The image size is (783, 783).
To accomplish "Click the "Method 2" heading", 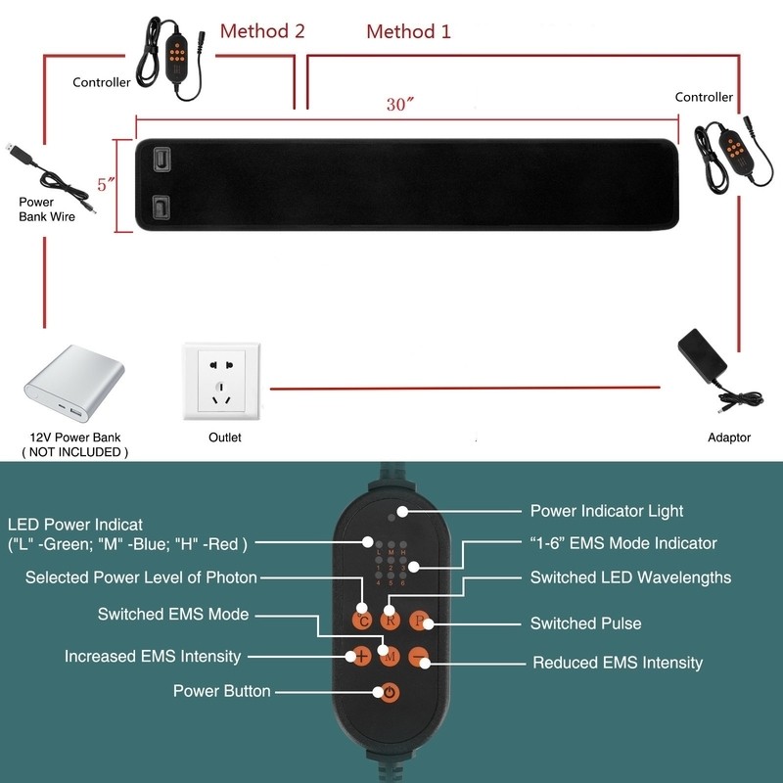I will click(x=261, y=30).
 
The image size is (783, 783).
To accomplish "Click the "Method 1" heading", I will click(x=408, y=31).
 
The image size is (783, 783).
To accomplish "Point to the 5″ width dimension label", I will click(x=107, y=183).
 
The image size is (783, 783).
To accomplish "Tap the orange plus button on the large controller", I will click(x=361, y=656).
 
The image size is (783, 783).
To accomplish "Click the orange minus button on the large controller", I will click(x=419, y=656).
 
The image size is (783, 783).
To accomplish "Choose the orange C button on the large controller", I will click(x=362, y=620).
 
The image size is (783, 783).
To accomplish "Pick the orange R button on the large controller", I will click(x=390, y=620).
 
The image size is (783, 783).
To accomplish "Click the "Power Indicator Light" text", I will click(x=606, y=511).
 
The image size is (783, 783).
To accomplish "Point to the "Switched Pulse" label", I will click(x=585, y=623).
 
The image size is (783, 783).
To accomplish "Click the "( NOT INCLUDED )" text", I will click(x=74, y=452).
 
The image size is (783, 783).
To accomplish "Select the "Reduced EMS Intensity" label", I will click(x=617, y=663).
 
